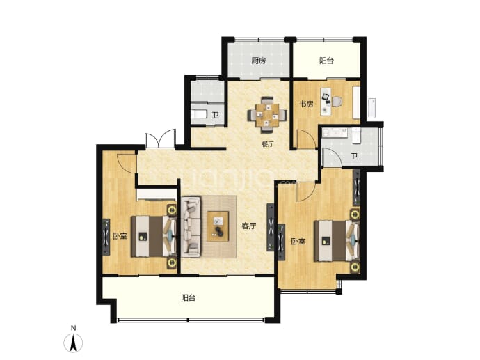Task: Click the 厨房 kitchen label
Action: coord(259,61)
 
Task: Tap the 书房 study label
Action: coord(306,104)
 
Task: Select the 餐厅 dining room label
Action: coord(268,144)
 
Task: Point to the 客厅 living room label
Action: coord(248,226)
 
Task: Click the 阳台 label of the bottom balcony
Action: coord(189,297)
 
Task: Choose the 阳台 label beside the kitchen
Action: coord(326,61)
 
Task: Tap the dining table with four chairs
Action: coord(268,115)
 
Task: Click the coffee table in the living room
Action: coord(218,226)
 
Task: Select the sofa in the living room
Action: coord(191,226)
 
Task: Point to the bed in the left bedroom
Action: coord(154,236)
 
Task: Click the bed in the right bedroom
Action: coord(337,241)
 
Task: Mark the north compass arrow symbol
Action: coord(73,343)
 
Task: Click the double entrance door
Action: coord(161,139)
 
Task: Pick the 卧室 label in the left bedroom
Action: coord(120,236)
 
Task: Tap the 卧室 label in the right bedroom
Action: coord(298,242)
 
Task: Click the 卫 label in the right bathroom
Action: coord(354,157)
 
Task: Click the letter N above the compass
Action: coord(73,328)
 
